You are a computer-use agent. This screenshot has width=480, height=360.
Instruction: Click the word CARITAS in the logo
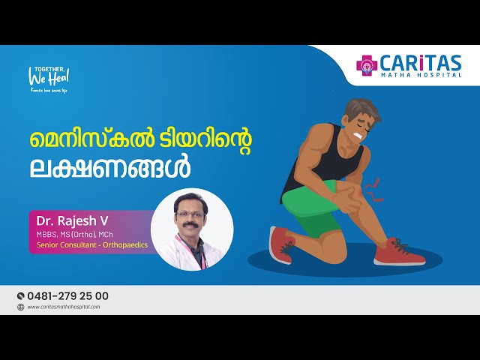click(x=424, y=62)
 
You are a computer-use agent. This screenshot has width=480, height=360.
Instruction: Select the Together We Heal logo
click(x=49, y=76)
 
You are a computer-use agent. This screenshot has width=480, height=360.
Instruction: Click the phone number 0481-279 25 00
click(x=67, y=296)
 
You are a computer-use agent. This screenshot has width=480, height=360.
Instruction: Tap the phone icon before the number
click(x=20, y=296)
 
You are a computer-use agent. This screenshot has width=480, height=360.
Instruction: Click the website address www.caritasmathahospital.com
click(x=64, y=307)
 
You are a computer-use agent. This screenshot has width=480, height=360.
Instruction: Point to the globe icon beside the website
click(x=20, y=307)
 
